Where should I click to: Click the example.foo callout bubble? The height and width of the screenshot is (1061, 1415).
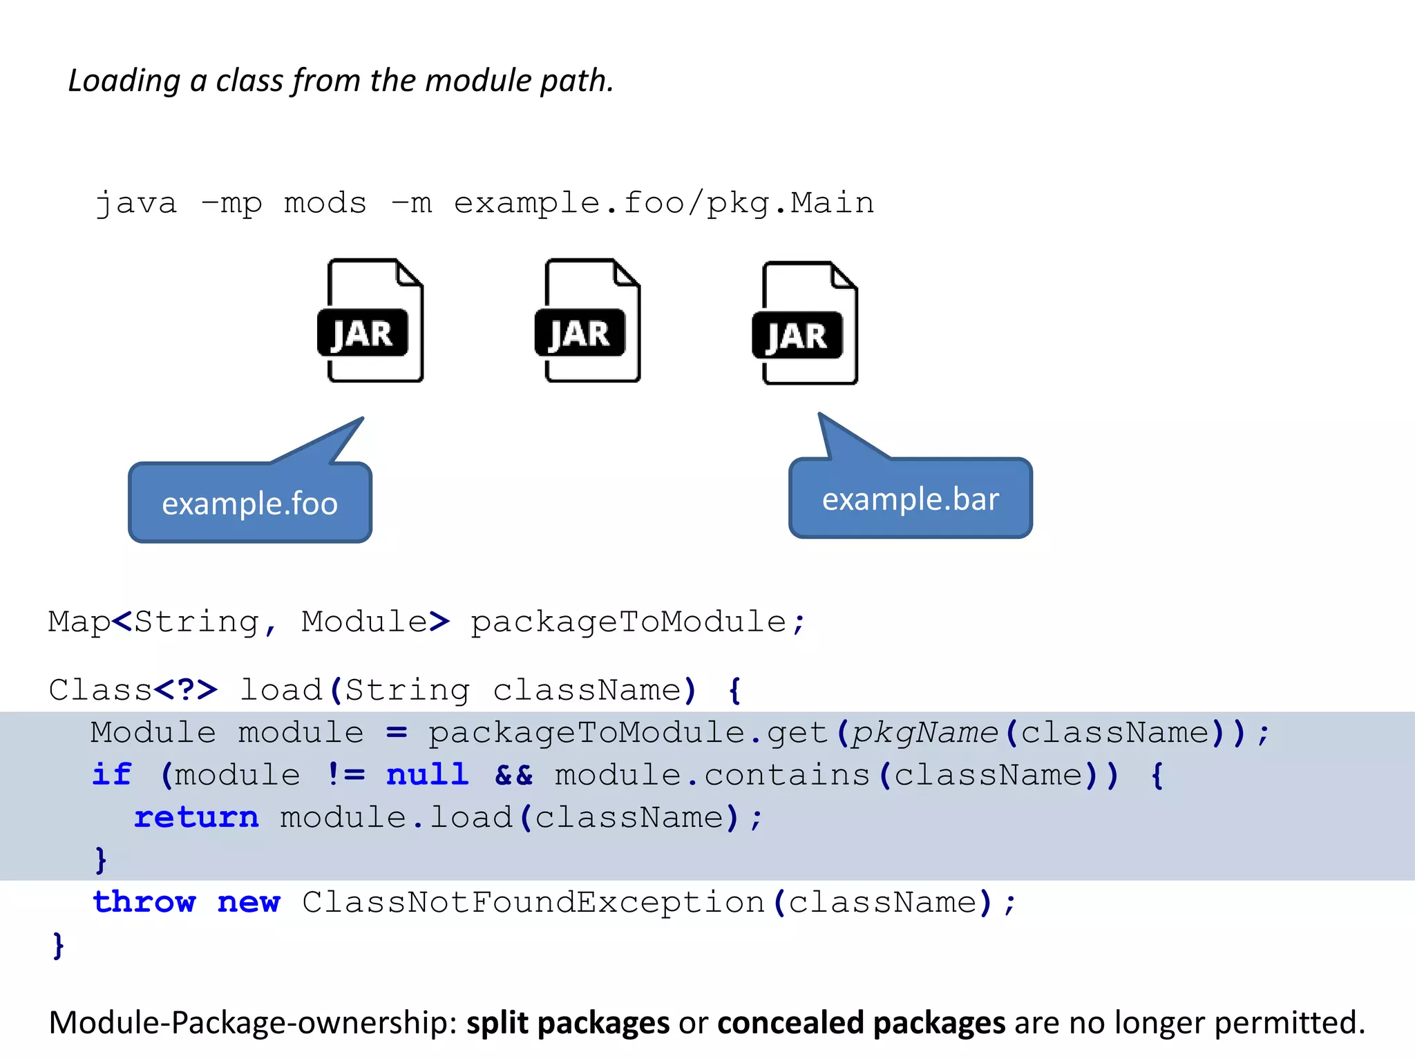click(x=249, y=503)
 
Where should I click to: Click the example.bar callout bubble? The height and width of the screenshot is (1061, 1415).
click(x=910, y=499)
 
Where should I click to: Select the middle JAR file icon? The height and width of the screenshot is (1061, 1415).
click(x=587, y=321)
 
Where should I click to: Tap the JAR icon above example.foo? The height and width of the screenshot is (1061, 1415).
click(x=370, y=321)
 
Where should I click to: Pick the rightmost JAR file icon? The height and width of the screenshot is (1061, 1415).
click(x=805, y=323)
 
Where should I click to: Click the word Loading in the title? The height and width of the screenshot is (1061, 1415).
click(x=124, y=81)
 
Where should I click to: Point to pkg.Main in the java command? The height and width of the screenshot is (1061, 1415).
click(x=790, y=203)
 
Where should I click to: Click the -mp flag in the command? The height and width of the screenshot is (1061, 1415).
click(x=231, y=203)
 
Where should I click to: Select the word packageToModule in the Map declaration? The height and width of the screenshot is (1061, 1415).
click(x=628, y=622)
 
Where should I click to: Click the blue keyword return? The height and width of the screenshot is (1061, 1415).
click(x=196, y=817)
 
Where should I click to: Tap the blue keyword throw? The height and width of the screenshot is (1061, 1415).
click(x=144, y=902)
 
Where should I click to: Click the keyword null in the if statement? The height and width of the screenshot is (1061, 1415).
click(x=427, y=774)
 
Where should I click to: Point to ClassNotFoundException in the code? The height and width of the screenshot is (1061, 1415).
click(x=533, y=902)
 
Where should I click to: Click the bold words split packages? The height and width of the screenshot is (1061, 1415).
click(x=567, y=1022)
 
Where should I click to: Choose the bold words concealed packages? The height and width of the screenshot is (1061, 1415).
click(x=861, y=1022)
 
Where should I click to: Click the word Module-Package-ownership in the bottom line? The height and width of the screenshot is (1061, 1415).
click(x=253, y=1022)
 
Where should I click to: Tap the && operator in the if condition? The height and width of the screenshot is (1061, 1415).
click(x=514, y=775)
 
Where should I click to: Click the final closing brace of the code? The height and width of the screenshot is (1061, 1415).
click(x=59, y=944)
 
